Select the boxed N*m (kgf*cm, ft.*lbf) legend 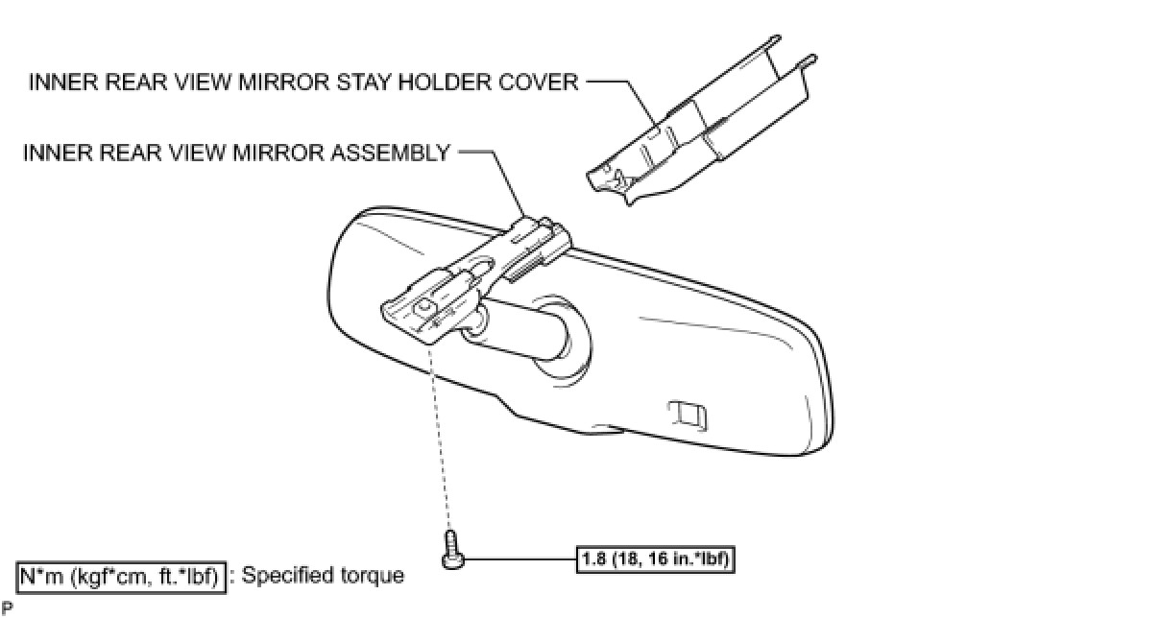pyautogui.click(x=122, y=576)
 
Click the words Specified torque pyautogui.click(x=324, y=576)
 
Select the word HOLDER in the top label pyautogui.click(x=448, y=82)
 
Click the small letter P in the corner pyautogui.click(x=7, y=607)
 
